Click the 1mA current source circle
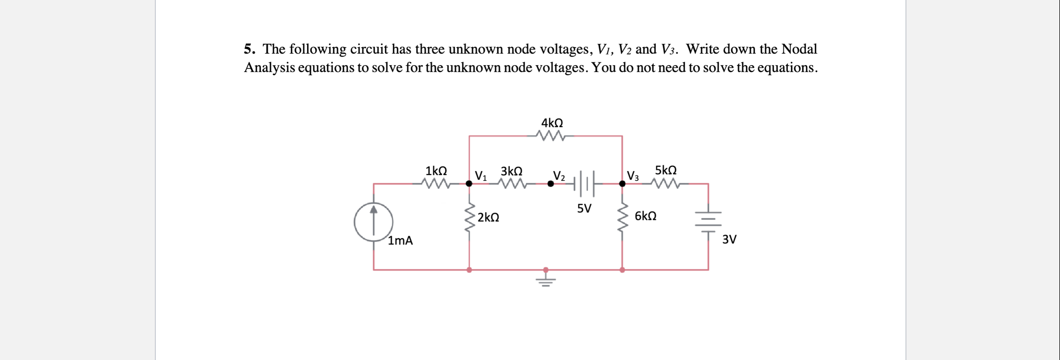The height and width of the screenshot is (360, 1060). [x=373, y=222]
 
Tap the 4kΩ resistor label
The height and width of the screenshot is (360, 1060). [x=552, y=123]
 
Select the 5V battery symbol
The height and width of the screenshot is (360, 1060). [x=584, y=184]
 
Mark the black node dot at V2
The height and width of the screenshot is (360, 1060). [x=551, y=184]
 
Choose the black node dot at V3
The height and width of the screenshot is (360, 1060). [x=622, y=184]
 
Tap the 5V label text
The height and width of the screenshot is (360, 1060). [x=584, y=209]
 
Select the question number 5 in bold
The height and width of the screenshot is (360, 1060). [x=248, y=49]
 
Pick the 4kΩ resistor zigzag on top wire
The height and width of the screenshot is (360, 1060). [x=551, y=136]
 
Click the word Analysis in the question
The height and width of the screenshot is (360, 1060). [x=269, y=68]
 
